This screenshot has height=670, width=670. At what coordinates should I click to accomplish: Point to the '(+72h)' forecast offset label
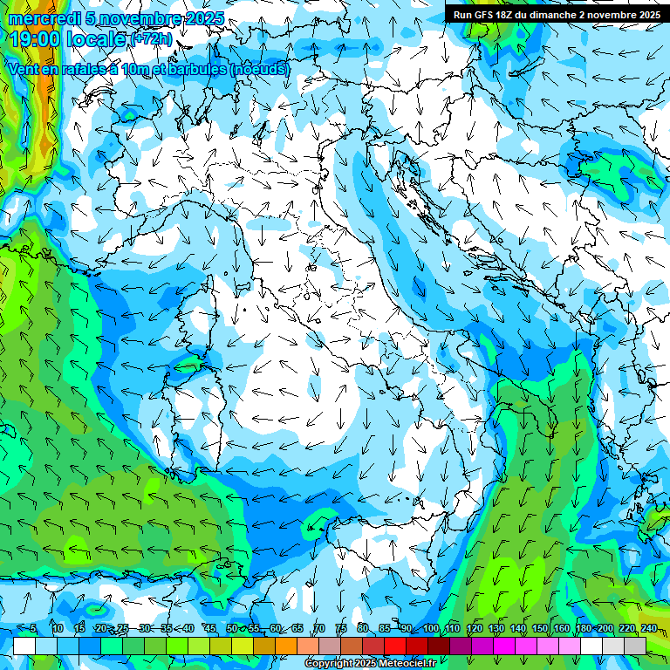click(151, 39)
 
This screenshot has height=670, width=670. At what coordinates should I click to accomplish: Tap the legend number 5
click(33, 628)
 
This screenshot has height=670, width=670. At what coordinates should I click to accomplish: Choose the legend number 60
click(276, 628)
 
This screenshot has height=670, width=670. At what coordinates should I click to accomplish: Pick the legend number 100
click(430, 628)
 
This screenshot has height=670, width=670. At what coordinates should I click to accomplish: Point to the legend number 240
click(648, 628)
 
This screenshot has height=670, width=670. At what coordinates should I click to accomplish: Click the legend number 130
click(496, 628)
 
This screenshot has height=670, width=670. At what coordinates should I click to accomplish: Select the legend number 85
click(385, 628)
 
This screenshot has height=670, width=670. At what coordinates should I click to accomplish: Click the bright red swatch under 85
click(395, 646)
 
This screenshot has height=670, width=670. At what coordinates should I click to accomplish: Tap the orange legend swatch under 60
click(286, 646)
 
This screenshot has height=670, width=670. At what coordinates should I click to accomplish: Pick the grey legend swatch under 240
click(635, 646)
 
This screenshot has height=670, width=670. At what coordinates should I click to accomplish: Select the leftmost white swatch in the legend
click(24, 646)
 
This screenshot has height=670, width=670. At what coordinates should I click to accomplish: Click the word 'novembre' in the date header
click(142, 18)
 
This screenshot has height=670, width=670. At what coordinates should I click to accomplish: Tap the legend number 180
click(583, 628)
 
